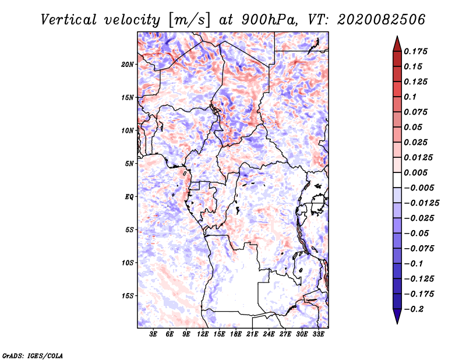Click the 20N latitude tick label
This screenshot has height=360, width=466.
(x=128, y=64)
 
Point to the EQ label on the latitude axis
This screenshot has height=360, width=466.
(x=129, y=197)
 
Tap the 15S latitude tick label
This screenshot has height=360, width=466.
(x=128, y=296)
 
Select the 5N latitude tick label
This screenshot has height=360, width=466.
(x=129, y=164)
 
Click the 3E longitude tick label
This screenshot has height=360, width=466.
(x=153, y=334)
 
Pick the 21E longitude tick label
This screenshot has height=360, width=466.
(x=252, y=334)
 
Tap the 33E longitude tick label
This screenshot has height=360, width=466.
(x=318, y=334)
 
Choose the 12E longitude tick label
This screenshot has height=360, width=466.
(x=203, y=334)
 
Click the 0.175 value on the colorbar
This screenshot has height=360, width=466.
(x=415, y=51)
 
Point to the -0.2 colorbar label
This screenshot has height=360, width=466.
(x=414, y=309)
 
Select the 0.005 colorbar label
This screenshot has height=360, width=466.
(x=415, y=172)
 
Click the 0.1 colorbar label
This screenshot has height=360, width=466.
(x=411, y=97)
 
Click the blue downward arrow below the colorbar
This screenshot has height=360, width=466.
(x=397, y=316)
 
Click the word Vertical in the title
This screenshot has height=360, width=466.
(x=69, y=20)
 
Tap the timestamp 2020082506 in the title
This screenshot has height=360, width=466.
(x=382, y=20)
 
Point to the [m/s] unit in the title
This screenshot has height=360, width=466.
(x=189, y=20)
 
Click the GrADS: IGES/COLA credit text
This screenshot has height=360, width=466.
(x=33, y=355)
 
